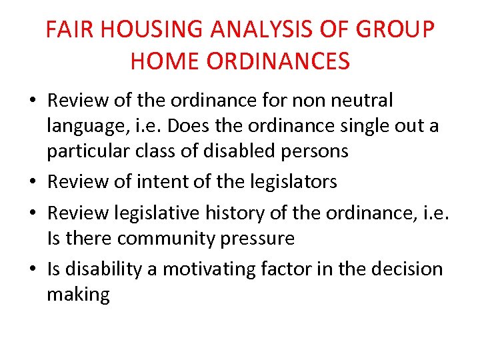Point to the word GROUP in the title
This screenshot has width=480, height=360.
tap(404, 30)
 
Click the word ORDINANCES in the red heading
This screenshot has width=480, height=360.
tap(279, 61)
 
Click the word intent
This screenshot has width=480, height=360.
tap(162, 181)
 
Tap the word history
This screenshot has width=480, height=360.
tap(228, 212)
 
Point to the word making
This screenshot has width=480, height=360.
tap(78, 294)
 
